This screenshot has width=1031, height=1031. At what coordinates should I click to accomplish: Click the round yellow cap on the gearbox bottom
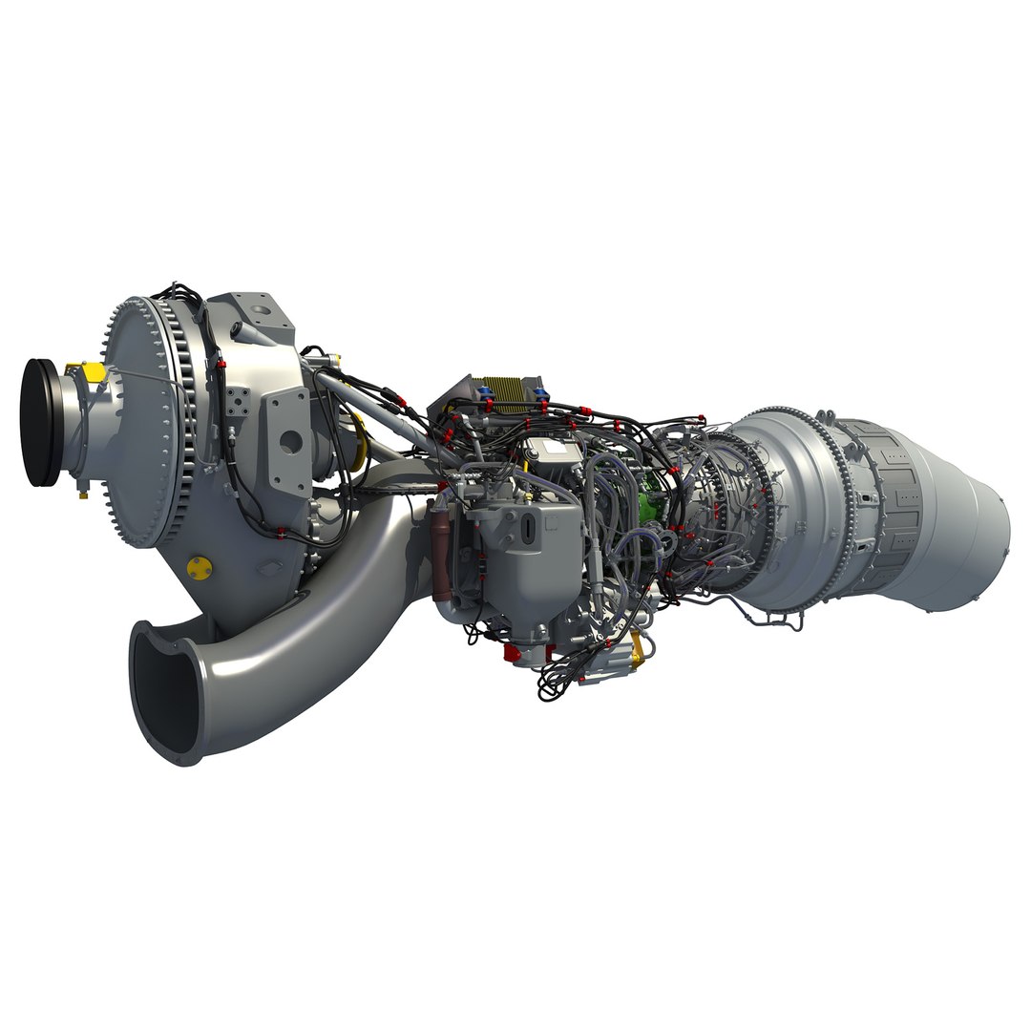pyautogui.click(x=199, y=566)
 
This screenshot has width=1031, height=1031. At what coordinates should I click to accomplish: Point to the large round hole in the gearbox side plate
pyautogui.click(x=291, y=440)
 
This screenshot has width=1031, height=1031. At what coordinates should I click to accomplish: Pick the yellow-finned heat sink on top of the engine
pyautogui.click(x=504, y=391)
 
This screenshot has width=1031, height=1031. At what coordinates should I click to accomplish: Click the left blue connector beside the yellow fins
pyautogui.click(x=479, y=388)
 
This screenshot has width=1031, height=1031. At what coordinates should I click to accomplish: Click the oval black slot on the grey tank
pyautogui.click(x=528, y=527)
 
